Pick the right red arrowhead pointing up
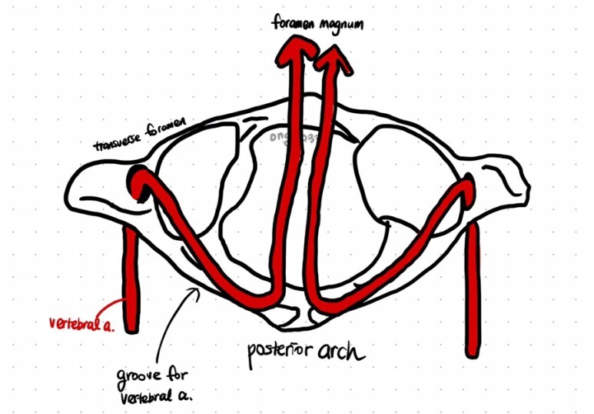point(336,58)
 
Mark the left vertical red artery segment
point(133,277)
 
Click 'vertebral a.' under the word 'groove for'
point(154,397)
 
